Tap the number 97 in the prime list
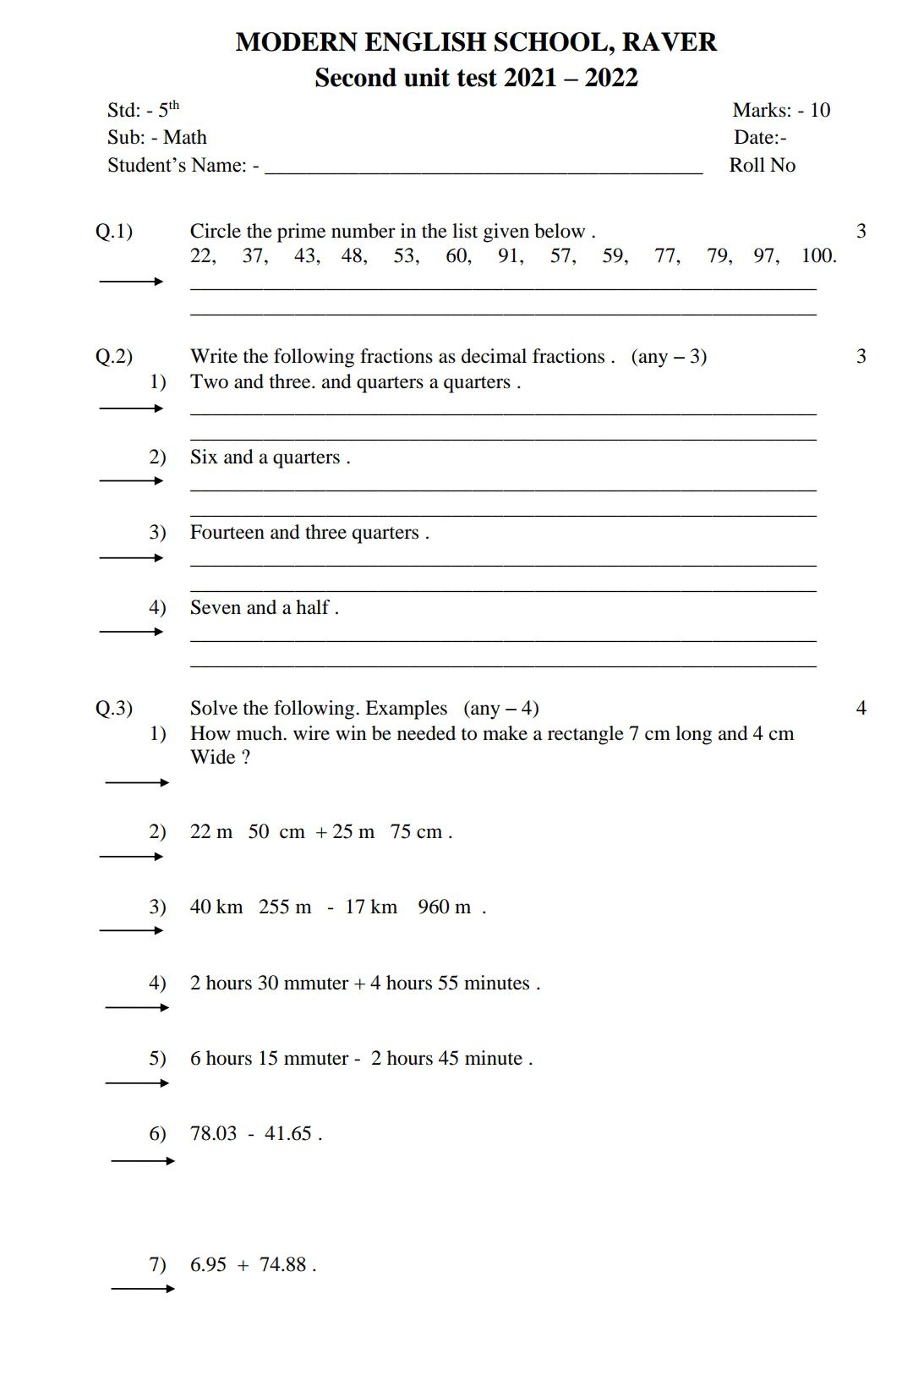click(765, 255)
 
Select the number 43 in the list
click(305, 255)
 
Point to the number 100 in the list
click(817, 255)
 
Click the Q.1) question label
click(113, 231)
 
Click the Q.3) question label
click(113, 708)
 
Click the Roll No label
click(762, 165)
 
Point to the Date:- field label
click(760, 137)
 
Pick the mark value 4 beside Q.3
click(861, 708)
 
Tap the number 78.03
click(213, 1133)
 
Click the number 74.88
click(282, 1264)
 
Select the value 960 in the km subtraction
click(433, 907)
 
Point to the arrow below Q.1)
click(131, 282)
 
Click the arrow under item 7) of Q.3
click(143, 1289)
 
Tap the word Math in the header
click(184, 137)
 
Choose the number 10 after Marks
click(819, 110)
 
